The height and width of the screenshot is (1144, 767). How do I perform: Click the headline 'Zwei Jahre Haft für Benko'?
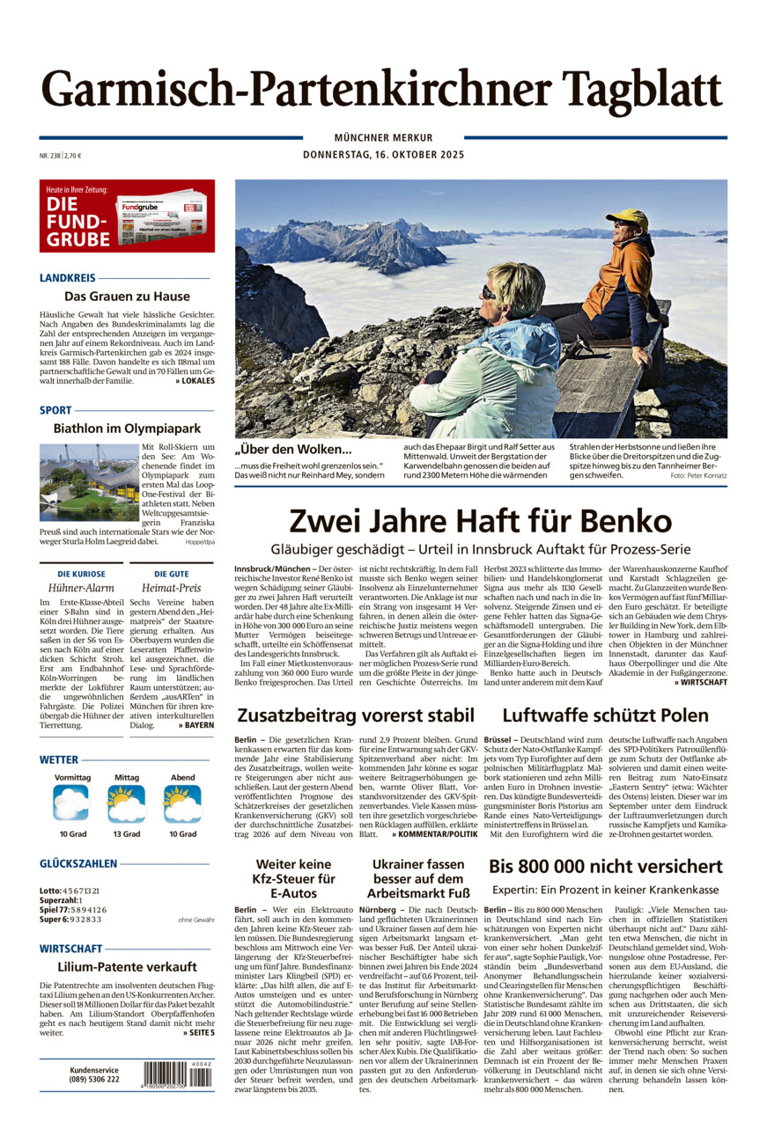pos(480,520)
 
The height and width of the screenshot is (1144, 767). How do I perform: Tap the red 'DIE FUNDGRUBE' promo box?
pos(127,216)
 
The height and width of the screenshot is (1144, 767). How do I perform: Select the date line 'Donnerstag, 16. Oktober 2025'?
pos(383,155)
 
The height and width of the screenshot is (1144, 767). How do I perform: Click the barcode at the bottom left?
pos(177,1074)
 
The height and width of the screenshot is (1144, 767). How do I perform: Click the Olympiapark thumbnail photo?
pos(89,482)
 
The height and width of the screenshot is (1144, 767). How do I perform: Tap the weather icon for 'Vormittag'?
pos(71,803)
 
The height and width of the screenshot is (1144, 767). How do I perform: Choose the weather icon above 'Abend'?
pos(182,803)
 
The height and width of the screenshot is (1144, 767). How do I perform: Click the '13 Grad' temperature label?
pos(126,833)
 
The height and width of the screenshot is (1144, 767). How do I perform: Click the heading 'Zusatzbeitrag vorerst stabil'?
pos(355,715)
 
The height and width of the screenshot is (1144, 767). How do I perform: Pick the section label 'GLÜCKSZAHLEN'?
pos(77,864)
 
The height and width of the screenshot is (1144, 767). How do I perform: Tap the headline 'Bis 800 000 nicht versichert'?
pos(605,866)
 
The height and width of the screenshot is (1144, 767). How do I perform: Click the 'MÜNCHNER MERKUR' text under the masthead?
pos(383,138)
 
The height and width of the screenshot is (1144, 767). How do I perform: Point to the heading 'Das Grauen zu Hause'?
pos(127,297)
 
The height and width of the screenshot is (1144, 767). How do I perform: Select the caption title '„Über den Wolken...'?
pos(293,450)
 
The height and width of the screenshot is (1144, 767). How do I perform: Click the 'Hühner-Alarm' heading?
pos(81,588)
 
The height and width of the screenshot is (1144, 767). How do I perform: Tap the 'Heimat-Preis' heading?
pos(171,588)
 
